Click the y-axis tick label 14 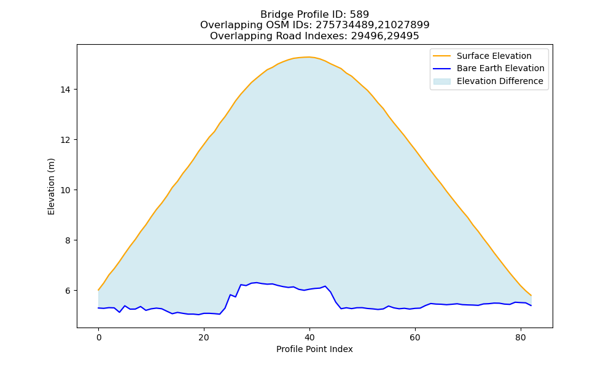[x=66, y=90]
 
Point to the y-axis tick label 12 [x=66, y=140]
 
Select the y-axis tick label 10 [x=66, y=190]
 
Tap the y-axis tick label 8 [x=68, y=240]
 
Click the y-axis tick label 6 [x=68, y=291]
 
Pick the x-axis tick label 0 [x=99, y=337]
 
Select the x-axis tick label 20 [x=204, y=337]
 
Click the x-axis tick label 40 [x=309, y=337]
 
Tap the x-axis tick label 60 [x=415, y=337]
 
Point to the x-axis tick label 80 [x=521, y=337]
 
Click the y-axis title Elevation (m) [x=51, y=186]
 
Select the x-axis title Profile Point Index [x=314, y=349]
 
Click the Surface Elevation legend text [x=494, y=56]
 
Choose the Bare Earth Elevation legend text [x=500, y=69]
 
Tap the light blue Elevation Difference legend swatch [x=441, y=81]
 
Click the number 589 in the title [x=359, y=15]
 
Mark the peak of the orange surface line [x=309, y=57]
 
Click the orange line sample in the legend [x=441, y=56]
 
